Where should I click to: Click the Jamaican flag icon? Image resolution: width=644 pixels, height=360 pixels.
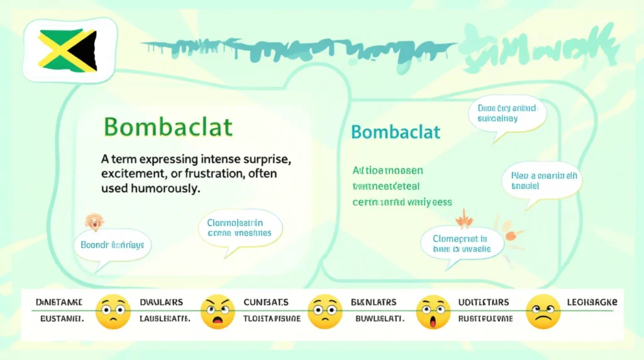(67, 50)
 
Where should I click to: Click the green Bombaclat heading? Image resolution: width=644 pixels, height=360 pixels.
(168, 127)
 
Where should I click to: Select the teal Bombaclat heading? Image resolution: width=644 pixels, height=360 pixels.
(396, 132)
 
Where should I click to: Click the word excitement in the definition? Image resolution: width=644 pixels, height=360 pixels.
(131, 172)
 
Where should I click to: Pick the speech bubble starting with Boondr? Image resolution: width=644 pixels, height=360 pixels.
(113, 244)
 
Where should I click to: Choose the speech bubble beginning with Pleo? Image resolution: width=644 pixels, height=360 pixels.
(541, 181)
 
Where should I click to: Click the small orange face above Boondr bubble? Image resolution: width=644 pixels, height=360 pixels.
(94, 221)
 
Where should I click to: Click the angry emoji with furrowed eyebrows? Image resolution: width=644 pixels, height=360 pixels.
(217, 312)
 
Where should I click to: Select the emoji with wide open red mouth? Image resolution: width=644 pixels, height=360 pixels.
(433, 312)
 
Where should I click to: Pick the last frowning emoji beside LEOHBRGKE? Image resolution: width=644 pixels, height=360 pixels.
(542, 312)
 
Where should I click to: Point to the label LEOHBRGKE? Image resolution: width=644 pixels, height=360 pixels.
(592, 302)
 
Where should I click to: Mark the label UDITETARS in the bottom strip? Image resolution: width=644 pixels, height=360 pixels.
(484, 302)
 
